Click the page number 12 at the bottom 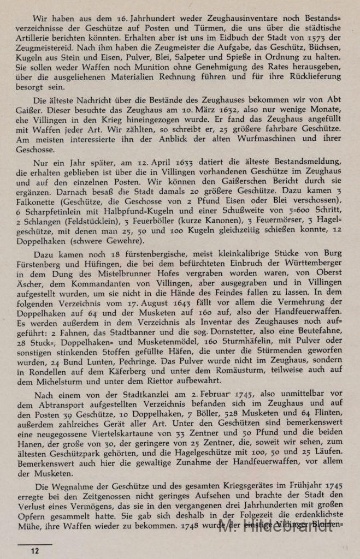pos(35,551)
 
